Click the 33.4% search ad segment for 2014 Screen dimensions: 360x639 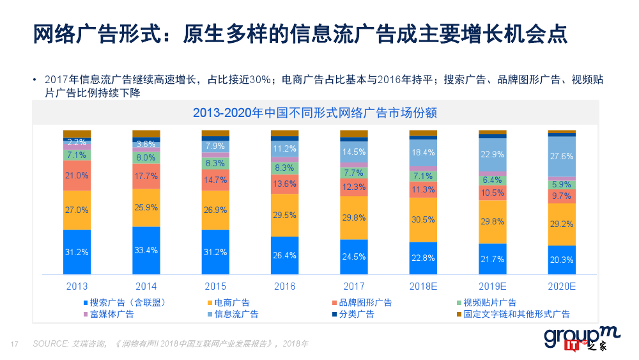pyautogui.click(x=146, y=250)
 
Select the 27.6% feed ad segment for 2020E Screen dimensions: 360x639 pyautogui.click(x=562, y=156)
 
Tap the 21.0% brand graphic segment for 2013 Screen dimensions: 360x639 pyautogui.click(x=77, y=175)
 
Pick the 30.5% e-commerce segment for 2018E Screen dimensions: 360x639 pyautogui.click(x=423, y=219)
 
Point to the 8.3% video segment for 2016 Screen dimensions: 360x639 pyautogui.click(x=284, y=168)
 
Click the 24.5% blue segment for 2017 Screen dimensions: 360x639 pyautogui.click(x=354, y=256)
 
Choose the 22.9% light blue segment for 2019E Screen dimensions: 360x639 pyautogui.click(x=493, y=154)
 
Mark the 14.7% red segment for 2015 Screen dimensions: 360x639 pyautogui.click(x=215, y=180)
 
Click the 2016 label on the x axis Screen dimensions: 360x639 pyautogui.click(x=284, y=286)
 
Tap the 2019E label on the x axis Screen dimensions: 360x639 pyautogui.click(x=493, y=286)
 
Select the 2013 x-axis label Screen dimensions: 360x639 pyautogui.click(x=77, y=286)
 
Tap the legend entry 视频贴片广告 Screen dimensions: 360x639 pyautogui.click(x=489, y=302)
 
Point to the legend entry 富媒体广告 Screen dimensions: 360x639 pyautogui.click(x=112, y=314)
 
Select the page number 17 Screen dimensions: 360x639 pyautogui.click(x=14, y=344)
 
